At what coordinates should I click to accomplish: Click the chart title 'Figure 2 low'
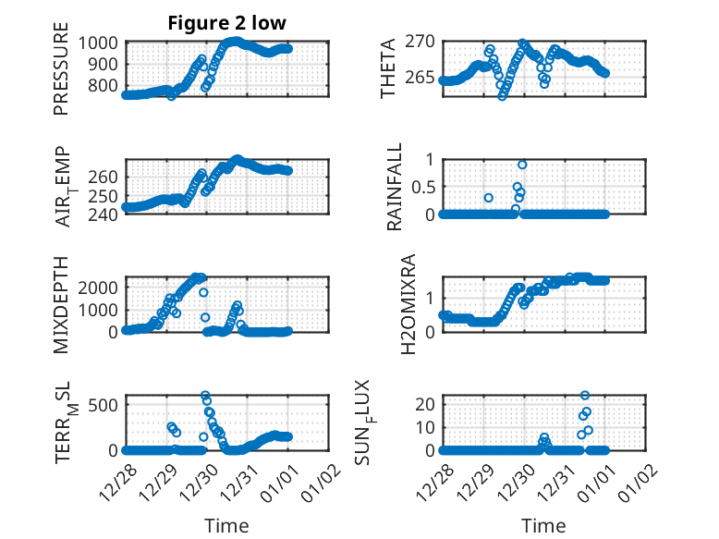pyautogui.click(x=225, y=23)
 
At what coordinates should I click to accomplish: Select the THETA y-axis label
pyautogui.click(x=388, y=68)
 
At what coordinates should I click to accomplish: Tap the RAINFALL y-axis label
pyautogui.click(x=395, y=186)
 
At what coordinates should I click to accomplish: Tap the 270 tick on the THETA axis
pyautogui.click(x=420, y=43)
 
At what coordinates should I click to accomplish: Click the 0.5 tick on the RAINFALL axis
pyautogui.click(x=420, y=186)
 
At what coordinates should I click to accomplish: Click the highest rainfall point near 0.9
pyautogui.click(x=522, y=165)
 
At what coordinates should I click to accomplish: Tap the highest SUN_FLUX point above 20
pyautogui.click(x=584, y=396)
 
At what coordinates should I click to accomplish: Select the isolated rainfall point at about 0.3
pyautogui.click(x=489, y=198)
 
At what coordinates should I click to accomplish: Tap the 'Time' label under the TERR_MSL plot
pyautogui.click(x=226, y=525)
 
